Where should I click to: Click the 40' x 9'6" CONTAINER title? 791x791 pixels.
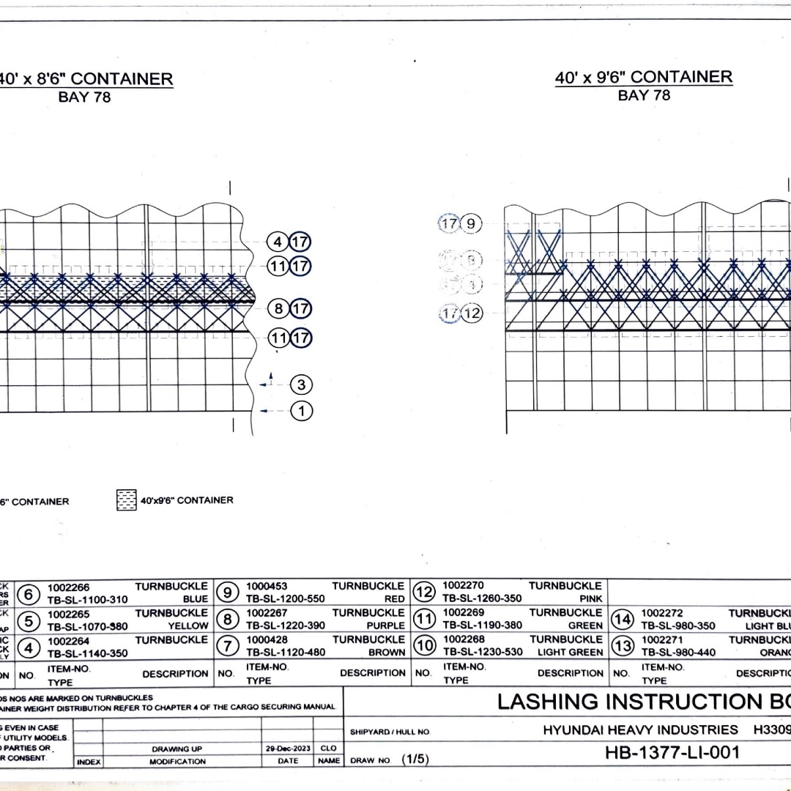[643, 78]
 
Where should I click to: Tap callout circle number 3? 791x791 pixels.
[301, 384]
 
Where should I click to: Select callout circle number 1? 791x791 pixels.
[301, 411]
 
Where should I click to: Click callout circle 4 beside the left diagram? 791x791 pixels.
[278, 242]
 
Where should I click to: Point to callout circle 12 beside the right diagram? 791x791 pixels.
[472, 313]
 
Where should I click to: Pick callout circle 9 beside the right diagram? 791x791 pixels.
[471, 223]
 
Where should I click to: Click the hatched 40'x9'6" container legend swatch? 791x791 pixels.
[127, 500]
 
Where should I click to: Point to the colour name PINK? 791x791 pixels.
[590, 598]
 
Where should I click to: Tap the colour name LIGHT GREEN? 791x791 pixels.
[570, 652]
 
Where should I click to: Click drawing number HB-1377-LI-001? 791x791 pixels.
[673, 752]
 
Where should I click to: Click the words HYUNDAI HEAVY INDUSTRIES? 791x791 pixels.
[640, 729]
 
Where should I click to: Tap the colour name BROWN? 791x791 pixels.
[387, 652]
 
